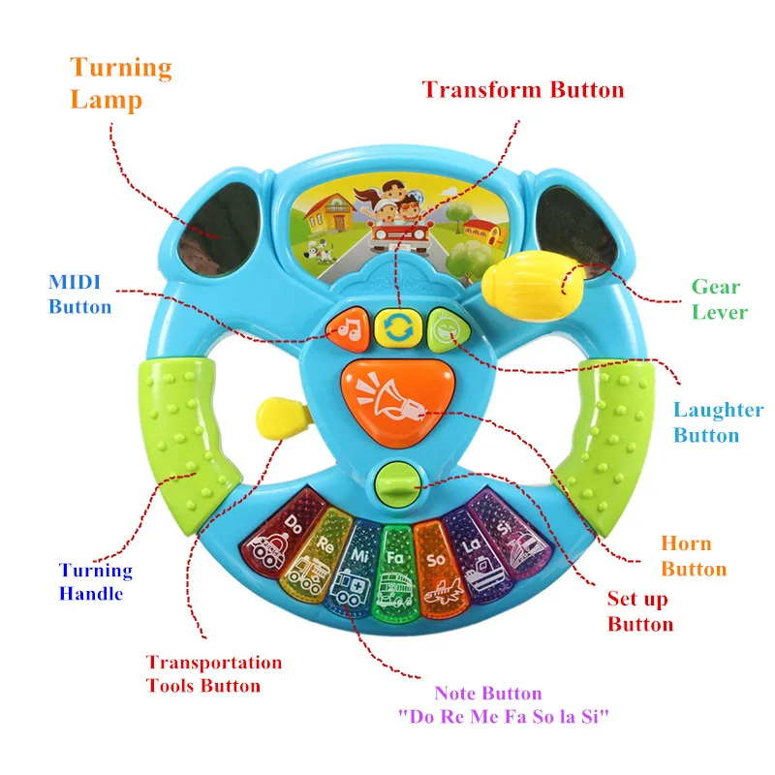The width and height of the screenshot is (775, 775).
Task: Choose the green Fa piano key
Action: point(394,570)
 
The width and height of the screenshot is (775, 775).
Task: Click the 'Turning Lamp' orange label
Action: point(120,83)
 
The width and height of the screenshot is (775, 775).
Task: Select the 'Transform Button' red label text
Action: point(522,90)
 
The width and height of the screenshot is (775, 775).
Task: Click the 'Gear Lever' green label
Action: point(718,299)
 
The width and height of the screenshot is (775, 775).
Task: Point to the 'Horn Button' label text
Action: point(693,556)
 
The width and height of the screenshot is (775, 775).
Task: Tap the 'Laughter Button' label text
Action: point(718,422)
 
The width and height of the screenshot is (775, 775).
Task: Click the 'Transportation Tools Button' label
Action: point(213,674)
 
